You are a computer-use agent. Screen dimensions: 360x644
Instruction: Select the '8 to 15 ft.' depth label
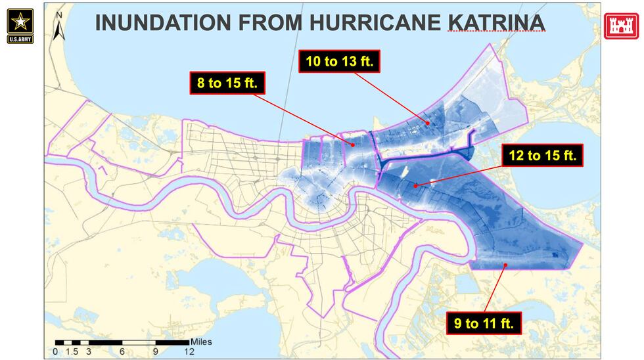tap(226, 83)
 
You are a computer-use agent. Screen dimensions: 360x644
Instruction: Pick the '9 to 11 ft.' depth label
tap(484, 323)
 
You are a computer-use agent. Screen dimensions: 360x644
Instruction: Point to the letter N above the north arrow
tap(59, 14)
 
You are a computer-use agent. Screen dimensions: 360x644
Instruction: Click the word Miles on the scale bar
tap(201, 342)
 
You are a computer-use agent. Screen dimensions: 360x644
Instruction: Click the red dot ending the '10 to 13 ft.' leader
tap(427, 122)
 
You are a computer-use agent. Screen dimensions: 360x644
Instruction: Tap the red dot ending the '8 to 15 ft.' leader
tap(352, 145)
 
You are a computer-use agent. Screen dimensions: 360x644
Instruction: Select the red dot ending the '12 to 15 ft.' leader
tap(415, 185)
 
